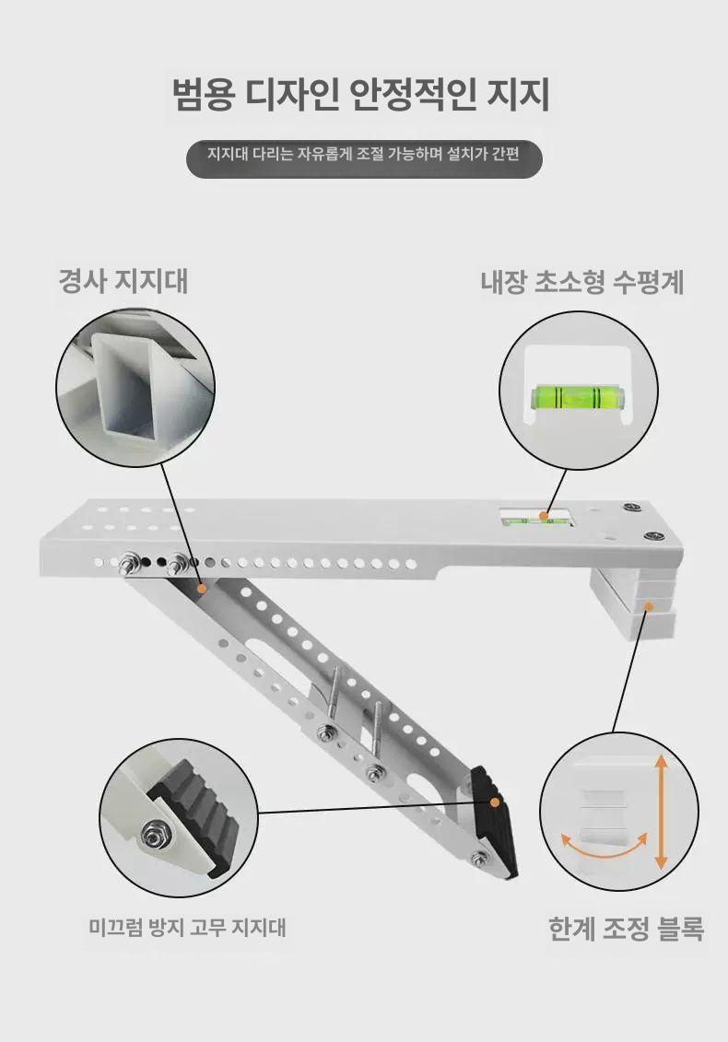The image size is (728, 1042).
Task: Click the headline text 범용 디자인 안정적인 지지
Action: (x=361, y=95)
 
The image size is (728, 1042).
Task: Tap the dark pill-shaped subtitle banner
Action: (x=364, y=159)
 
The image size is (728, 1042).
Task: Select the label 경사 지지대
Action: (x=123, y=281)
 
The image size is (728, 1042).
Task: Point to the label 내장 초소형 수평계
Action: (x=582, y=283)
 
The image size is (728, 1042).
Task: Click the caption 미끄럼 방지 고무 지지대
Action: (x=187, y=927)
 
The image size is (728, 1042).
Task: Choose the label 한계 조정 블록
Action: (x=626, y=929)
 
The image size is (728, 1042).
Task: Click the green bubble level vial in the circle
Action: (x=578, y=397)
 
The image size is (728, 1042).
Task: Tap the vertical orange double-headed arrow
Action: (x=660, y=812)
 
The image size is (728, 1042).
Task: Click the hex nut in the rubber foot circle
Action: (x=155, y=835)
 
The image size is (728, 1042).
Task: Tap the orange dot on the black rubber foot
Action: (x=494, y=802)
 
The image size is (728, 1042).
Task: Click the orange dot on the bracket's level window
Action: (x=544, y=515)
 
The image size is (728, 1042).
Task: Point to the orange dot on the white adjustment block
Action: (x=648, y=606)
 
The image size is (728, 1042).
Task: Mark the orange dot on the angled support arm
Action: (x=202, y=588)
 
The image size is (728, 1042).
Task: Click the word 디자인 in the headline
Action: (x=293, y=95)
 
